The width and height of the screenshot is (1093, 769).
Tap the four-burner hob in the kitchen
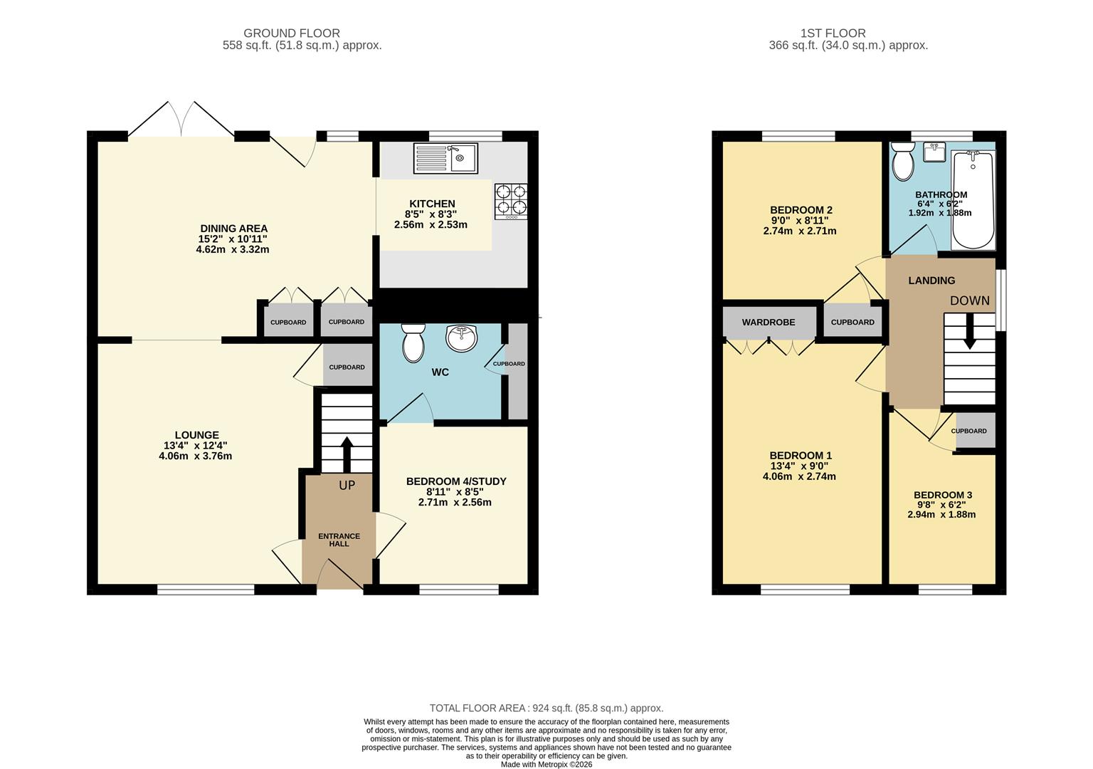pos(511,201)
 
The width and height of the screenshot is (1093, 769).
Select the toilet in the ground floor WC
pos(413,342)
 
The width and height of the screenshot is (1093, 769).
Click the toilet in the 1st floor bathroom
pos(903,161)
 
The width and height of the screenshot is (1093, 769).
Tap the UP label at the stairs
pos(347,486)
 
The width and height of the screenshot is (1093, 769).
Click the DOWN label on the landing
pos(969,300)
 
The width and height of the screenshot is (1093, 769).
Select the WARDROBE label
pos(769,323)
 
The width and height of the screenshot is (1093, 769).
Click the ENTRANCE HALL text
pos(339,540)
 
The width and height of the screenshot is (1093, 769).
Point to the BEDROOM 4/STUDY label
pos(456,481)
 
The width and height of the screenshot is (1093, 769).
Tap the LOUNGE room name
pos(197,435)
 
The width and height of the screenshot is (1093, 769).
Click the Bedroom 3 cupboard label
pos(968,431)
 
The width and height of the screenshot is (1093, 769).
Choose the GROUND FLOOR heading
pos(292,33)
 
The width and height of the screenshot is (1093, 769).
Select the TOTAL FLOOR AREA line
pos(546,708)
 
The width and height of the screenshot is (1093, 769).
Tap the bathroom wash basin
pos(934,152)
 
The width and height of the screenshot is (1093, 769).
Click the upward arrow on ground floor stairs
pos(347,451)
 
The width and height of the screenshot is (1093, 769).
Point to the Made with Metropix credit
pos(546,764)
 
